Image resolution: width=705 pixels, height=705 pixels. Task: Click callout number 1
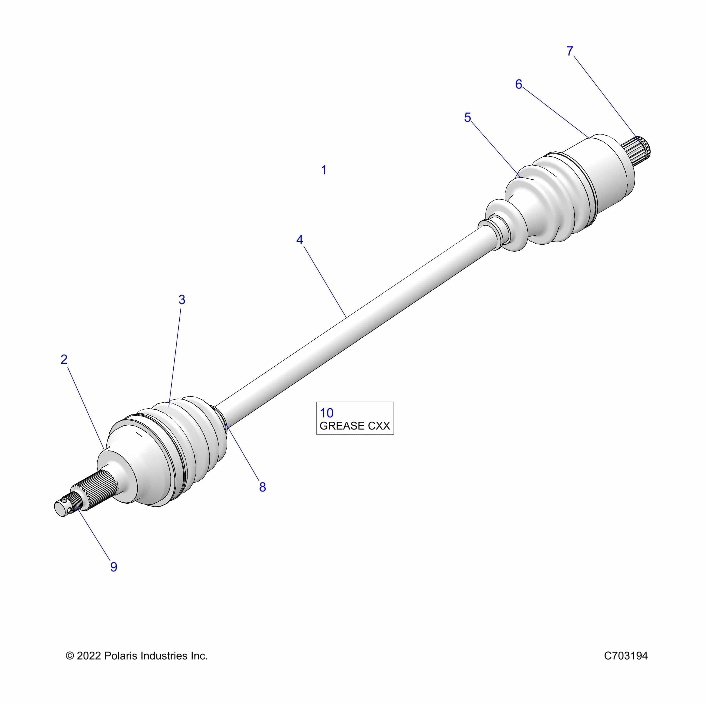tap(324, 170)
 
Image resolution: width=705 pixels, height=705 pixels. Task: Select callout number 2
tap(64, 360)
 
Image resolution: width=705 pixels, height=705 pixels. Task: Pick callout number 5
tap(467, 118)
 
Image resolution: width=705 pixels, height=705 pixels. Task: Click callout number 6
tap(519, 84)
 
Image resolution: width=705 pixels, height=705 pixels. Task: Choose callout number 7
tap(570, 51)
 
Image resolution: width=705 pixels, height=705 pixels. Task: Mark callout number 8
tap(262, 487)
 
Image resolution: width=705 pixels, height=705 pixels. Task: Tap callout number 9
tap(114, 567)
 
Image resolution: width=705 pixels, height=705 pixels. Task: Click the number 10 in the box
tap(327, 413)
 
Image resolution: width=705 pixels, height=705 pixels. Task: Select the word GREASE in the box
tap(342, 426)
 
